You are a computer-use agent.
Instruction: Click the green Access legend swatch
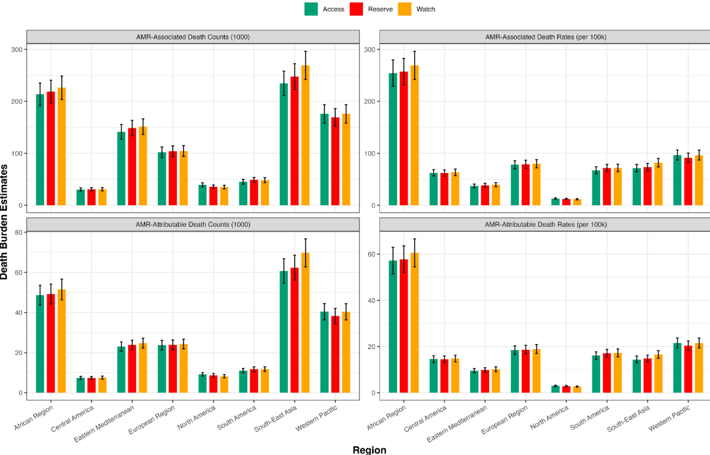[311, 9]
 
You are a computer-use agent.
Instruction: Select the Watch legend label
[425, 9]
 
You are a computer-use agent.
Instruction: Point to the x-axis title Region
[369, 450]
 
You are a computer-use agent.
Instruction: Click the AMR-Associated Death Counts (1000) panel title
[193, 37]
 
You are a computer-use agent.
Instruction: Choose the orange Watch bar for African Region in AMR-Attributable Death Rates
[414, 323]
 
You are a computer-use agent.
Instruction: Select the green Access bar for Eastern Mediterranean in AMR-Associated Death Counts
[121, 169]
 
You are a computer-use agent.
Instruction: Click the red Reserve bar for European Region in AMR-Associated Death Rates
[525, 185]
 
